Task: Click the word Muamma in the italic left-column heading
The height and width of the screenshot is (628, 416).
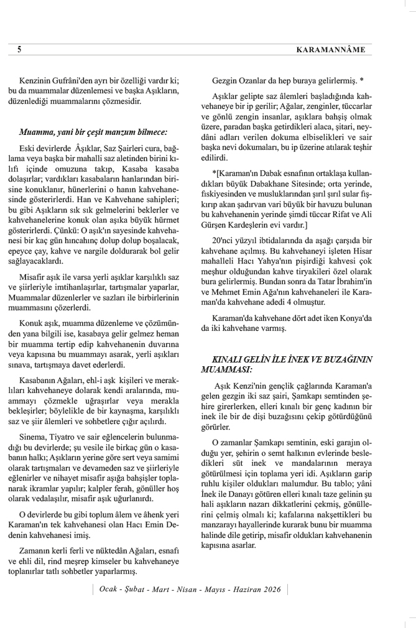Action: tap(36, 132)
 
